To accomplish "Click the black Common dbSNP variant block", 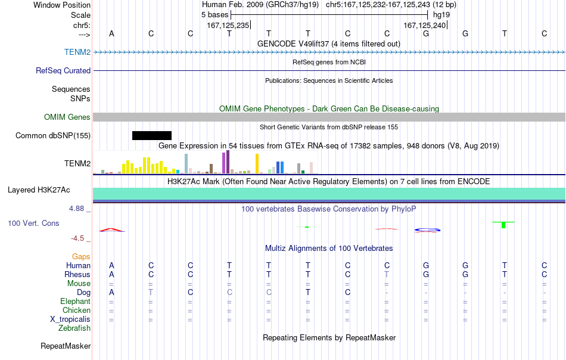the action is (152, 135).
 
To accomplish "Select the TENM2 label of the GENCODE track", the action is (77, 52).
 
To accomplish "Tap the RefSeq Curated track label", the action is (63, 70).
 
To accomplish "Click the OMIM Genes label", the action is (67, 117).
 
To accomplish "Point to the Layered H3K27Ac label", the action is (39, 190).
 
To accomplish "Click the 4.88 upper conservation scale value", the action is (76, 209).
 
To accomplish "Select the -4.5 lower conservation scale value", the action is (77, 238).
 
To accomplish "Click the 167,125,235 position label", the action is (228, 25).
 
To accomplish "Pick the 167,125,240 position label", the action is (424, 25).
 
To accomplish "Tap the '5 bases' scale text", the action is (214, 15).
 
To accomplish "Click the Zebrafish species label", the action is (74, 328).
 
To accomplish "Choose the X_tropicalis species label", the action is (70, 319).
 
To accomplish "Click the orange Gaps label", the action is (81, 256).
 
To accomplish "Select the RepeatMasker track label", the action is (66, 346).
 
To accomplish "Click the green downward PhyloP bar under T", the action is (503, 225).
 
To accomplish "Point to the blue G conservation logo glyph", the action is (427, 229).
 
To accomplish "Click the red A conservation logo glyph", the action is (111, 229).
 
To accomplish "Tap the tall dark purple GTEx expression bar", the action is (228, 162).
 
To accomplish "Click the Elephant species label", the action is (75, 301).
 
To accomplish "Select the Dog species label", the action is (83, 293).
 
